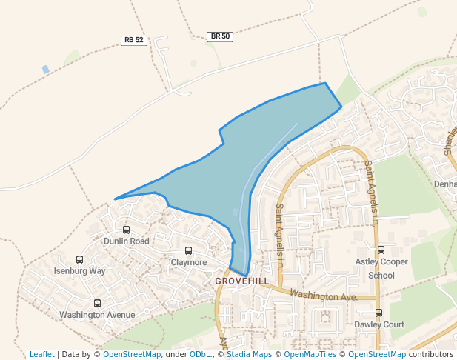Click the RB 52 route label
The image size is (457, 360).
tap(134, 41)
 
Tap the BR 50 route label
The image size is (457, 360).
tap(220, 36)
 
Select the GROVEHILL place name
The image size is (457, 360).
tap(241, 281)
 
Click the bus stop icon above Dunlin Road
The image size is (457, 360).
tap(126, 230)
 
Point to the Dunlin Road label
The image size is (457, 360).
tap(126, 241)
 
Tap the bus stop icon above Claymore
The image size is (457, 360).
tap(188, 251)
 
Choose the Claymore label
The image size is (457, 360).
tap(189, 262)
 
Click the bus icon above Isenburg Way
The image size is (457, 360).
tap(80, 259)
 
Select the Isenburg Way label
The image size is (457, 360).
tap(80, 271)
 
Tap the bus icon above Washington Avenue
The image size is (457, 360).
tap(97, 303)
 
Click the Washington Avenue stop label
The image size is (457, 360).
tap(97, 315)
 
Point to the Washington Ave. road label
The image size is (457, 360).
tap(324, 296)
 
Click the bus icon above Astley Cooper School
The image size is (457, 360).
tap(381, 250)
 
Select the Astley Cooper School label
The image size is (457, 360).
tap(381, 268)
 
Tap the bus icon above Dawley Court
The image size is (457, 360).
tap(378, 313)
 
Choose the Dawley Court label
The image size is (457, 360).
tap(378, 324)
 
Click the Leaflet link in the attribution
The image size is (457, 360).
tap(42, 354)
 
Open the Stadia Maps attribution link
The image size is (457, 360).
tap(248, 354)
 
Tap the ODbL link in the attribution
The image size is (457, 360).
tap(200, 354)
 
